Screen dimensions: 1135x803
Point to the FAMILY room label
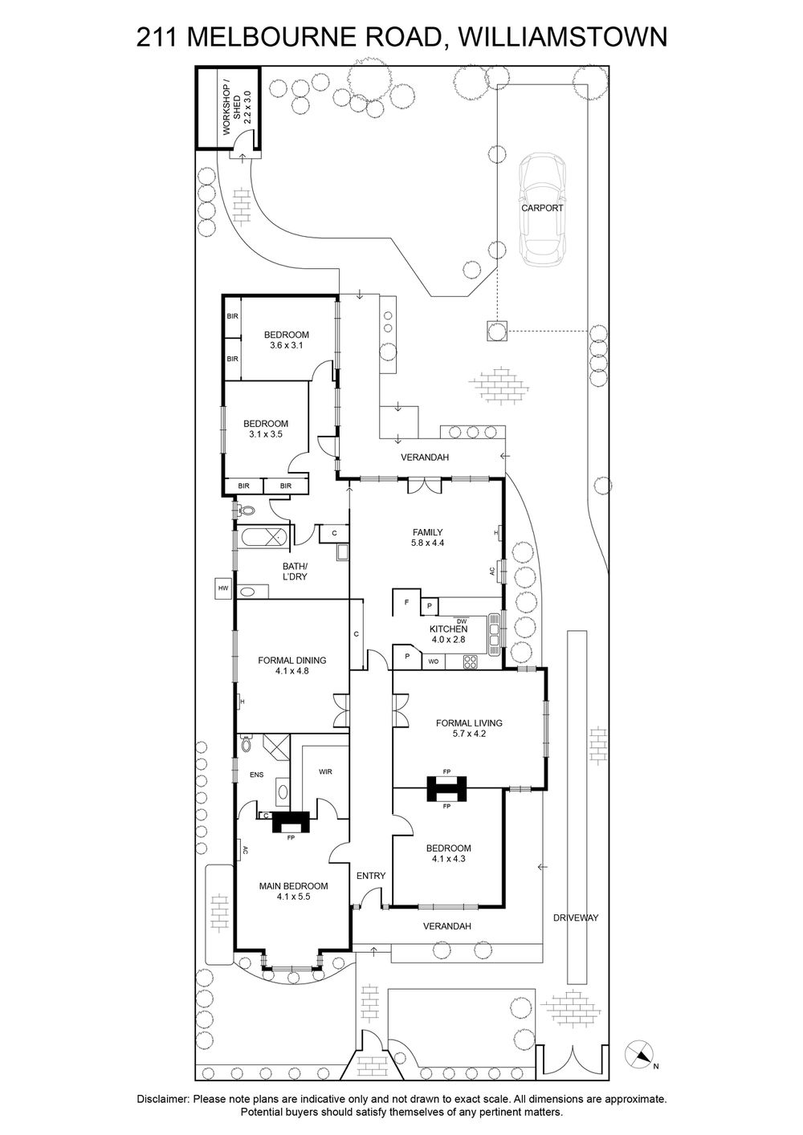pos(428,531)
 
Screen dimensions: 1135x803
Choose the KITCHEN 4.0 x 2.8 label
pos(448,634)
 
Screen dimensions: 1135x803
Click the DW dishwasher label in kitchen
pos(461,620)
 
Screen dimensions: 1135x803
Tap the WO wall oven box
pos(433,661)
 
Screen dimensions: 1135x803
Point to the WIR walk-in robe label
pos(325,771)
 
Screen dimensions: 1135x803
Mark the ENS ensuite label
pos(256,775)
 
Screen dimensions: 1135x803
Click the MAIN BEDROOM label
pos(293,891)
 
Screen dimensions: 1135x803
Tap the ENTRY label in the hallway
pos(371,876)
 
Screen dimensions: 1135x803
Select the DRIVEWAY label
pos(577,917)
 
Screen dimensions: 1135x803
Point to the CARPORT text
pos(542,208)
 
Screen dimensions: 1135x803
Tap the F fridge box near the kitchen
pos(407,602)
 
